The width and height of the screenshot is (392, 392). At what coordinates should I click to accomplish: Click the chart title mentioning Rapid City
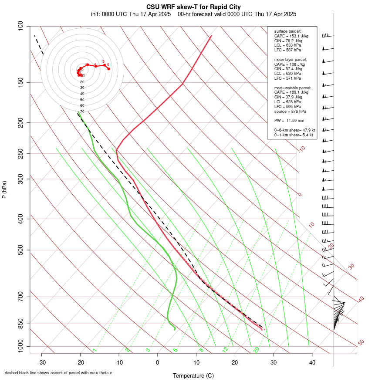pyautogui.click(x=193, y=7)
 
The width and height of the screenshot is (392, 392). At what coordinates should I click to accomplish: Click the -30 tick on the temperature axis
pyautogui.click(x=42, y=362)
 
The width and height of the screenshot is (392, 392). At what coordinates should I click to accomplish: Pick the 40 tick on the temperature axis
pyautogui.click(x=312, y=362)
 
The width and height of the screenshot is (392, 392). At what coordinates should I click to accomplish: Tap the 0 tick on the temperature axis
pyautogui.click(x=158, y=362)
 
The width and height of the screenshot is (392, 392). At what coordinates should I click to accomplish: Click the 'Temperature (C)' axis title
pyautogui.click(x=193, y=375)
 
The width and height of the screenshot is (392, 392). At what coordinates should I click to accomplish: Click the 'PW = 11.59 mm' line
pyautogui.click(x=289, y=120)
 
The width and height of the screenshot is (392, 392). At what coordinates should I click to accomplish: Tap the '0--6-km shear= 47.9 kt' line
pyautogui.click(x=294, y=130)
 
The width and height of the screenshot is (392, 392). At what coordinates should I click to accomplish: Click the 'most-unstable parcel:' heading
pyautogui.click(x=293, y=88)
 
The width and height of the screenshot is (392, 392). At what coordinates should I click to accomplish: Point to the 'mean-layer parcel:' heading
pyautogui.click(x=291, y=59)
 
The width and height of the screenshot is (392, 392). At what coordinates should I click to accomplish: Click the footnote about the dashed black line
pyautogui.click(x=58, y=373)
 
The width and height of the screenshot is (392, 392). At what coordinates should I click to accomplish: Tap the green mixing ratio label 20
pyautogui.click(x=257, y=350)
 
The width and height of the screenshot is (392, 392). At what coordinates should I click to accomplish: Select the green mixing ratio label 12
pyautogui.click(x=225, y=350)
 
